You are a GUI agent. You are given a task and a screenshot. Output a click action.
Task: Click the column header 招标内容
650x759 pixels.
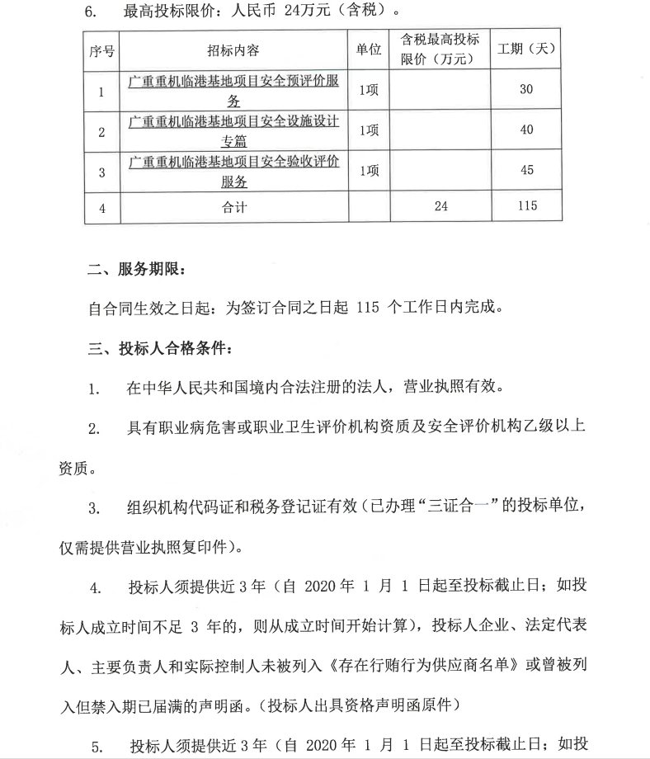click(x=234, y=51)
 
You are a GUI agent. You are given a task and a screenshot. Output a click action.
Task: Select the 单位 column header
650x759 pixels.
click(x=369, y=50)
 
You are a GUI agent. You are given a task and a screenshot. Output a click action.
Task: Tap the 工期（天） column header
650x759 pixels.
click(x=525, y=50)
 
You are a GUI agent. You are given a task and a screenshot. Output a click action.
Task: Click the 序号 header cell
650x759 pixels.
click(x=101, y=51)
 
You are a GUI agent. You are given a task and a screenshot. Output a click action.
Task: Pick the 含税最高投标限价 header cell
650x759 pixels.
click(x=440, y=49)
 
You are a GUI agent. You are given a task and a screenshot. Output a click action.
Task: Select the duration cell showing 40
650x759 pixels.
click(x=526, y=130)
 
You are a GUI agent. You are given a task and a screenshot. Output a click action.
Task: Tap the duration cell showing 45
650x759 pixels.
click(x=526, y=171)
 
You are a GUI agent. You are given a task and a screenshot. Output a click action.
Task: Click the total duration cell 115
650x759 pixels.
click(x=526, y=206)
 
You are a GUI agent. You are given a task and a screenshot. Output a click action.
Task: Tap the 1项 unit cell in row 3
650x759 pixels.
click(x=369, y=171)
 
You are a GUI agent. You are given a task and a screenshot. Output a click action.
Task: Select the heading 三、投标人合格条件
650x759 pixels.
click(x=155, y=347)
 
